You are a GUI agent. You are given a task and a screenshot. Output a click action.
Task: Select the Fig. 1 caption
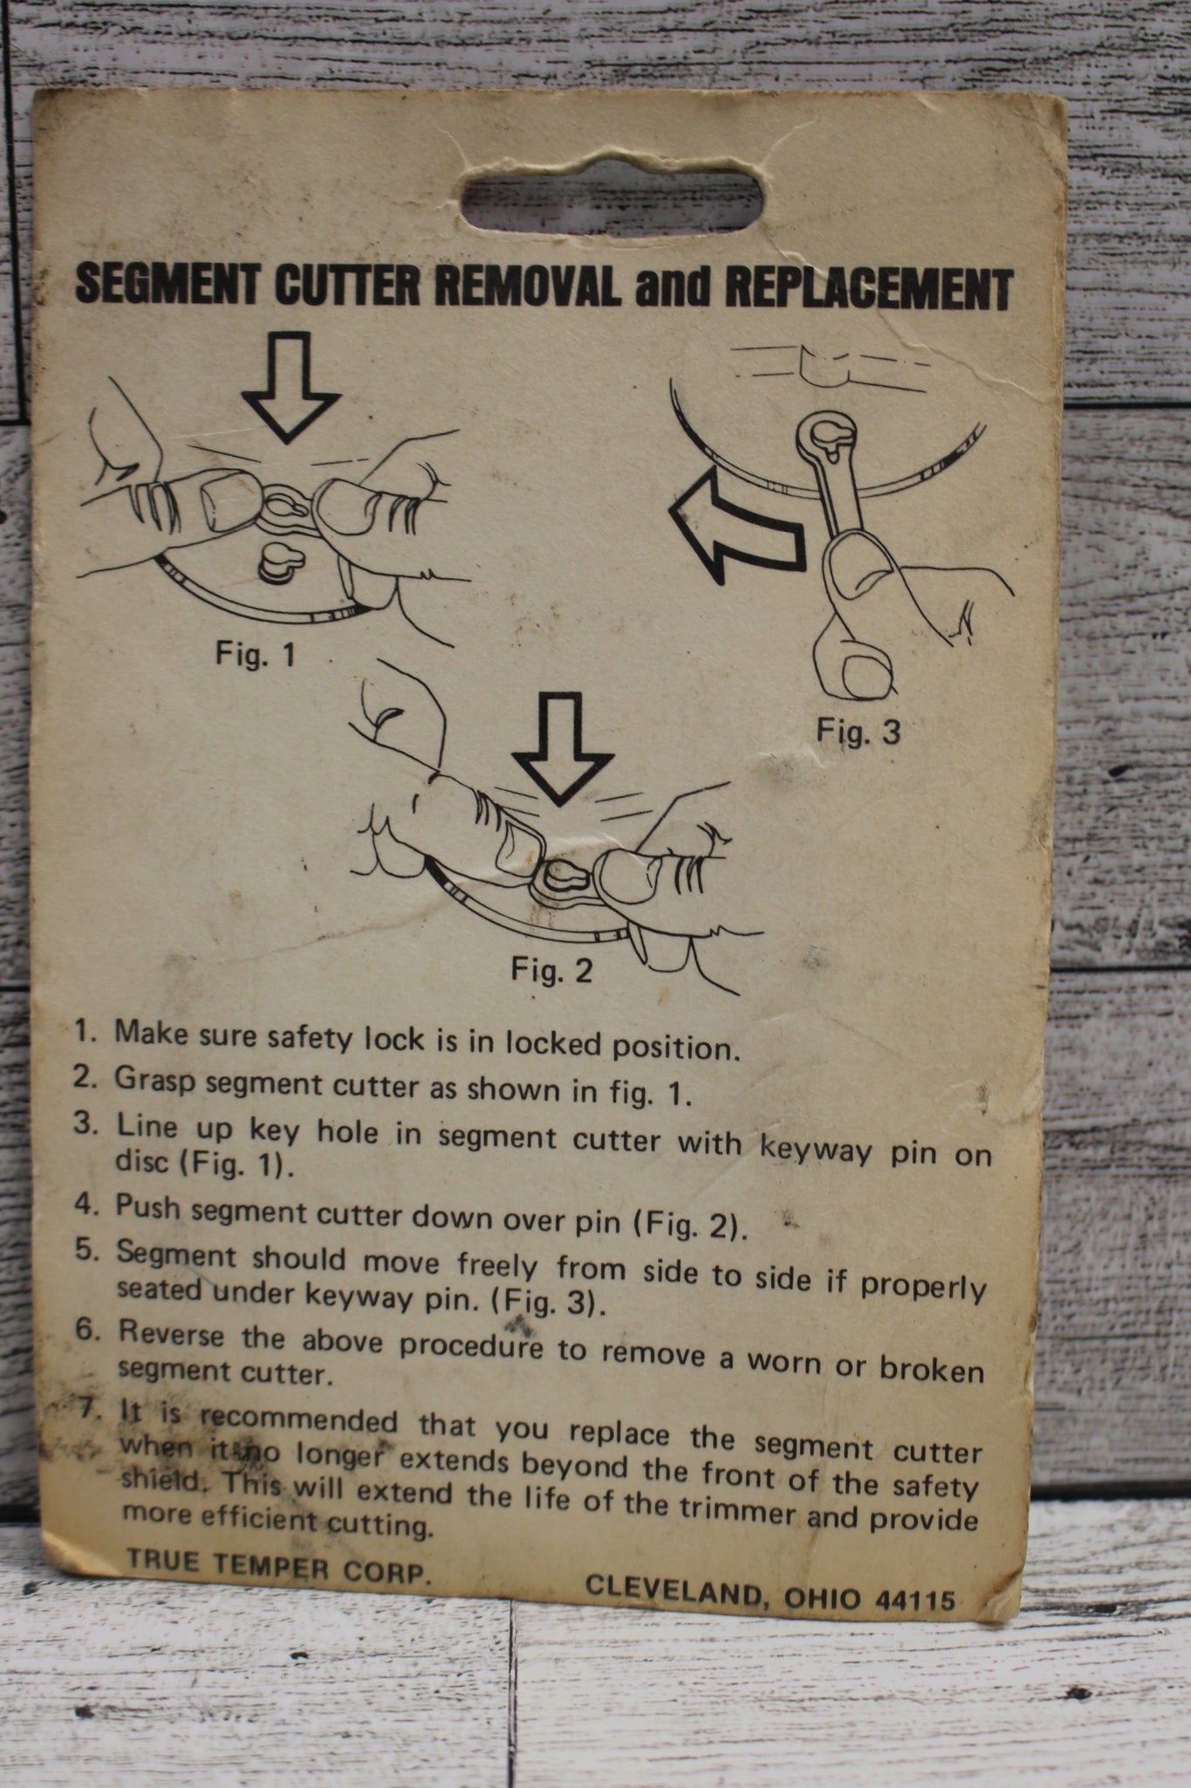pos(255,654)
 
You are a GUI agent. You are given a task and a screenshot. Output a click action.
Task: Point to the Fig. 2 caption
pos(551,969)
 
